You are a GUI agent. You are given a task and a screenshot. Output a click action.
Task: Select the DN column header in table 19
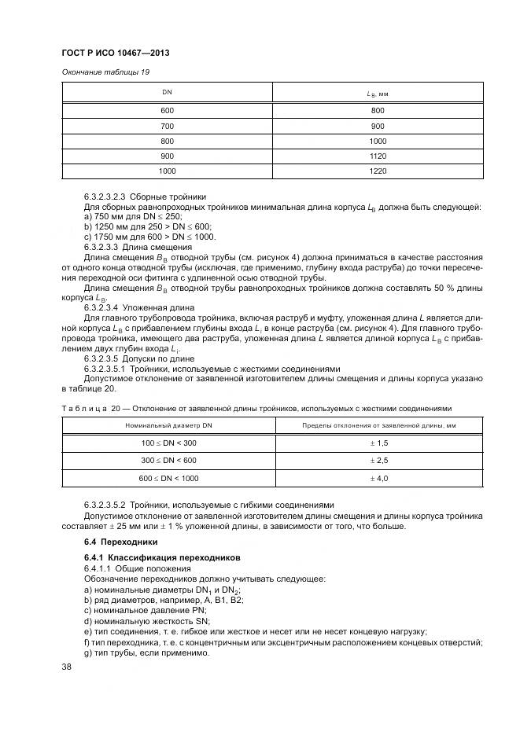pos(167,93)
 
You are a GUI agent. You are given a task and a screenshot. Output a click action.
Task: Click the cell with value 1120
pos(378,156)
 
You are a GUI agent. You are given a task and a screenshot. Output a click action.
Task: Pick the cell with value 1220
pos(378,170)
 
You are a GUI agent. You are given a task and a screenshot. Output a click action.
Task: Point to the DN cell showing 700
pos(167,126)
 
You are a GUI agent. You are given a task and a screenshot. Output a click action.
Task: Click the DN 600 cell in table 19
pos(167,111)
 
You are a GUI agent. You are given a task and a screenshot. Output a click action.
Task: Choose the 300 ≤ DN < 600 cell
pos(168,461)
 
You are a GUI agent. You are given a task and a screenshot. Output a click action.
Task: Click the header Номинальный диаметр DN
pos(168,425)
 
